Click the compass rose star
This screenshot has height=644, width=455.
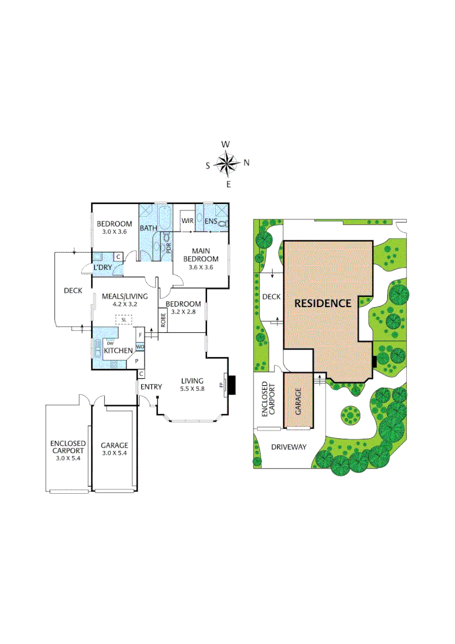click(227, 163)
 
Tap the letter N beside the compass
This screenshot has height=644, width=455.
click(246, 163)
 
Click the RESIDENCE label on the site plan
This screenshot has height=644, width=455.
click(323, 303)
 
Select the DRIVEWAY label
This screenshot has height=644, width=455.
click(289, 447)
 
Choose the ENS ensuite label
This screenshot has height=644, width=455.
click(211, 222)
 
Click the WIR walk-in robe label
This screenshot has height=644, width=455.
click(186, 221)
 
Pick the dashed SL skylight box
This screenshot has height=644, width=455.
click(123, 320)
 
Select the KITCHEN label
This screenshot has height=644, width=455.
click(117, 351)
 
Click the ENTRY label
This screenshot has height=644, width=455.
click(151, 387)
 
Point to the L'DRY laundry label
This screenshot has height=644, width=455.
click(103, 268)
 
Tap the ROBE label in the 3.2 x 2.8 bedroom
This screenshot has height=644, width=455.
click(163, 320)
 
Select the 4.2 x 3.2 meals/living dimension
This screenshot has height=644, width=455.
click(120, 304)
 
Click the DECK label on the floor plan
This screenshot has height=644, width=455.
click(73, 290)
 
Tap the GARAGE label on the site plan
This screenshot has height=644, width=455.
click(298, 401)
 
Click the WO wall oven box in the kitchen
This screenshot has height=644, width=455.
click(140, 346)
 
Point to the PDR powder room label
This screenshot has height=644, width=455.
click(169, 246)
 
